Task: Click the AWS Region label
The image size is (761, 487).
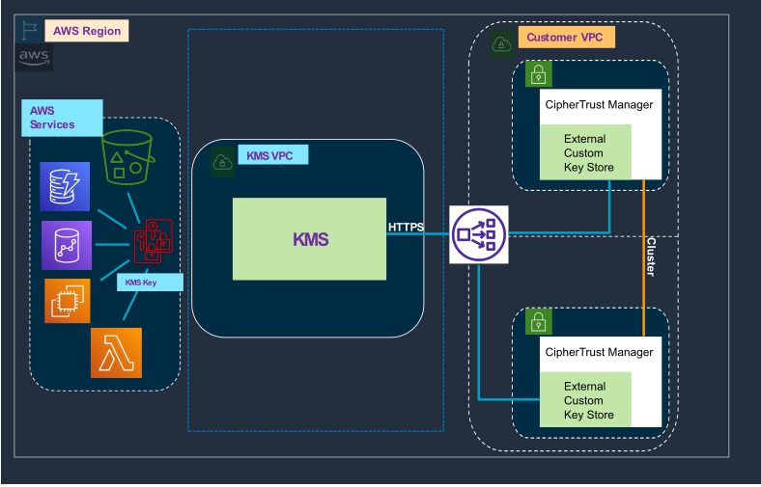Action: [x=86, y=31]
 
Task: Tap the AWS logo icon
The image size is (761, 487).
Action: [x=35, y=57]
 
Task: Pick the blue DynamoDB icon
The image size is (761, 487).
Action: [x=65, y=186]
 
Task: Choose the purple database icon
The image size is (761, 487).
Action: [x=66, y=244]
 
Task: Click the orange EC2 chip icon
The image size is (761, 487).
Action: [x=68, y=301]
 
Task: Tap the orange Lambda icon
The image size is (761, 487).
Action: [x=116, y=352]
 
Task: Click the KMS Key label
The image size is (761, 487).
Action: [x=150, y=283]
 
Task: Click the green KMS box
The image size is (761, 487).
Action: [x=310, y=240]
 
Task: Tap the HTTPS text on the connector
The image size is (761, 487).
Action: [x=406, y=228]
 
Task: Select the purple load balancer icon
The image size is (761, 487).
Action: [x=478, y=233]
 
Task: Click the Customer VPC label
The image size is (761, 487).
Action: [x=566, y=39]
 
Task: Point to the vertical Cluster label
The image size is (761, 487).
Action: [x=650, y=257]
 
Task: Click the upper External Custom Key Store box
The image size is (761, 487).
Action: [x=585, y=153]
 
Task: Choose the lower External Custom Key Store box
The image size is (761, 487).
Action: [x=585, y=400]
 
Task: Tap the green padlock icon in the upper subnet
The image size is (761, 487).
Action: [x=538, y=76]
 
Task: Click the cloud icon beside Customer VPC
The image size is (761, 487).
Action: [x=502, y=43]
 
